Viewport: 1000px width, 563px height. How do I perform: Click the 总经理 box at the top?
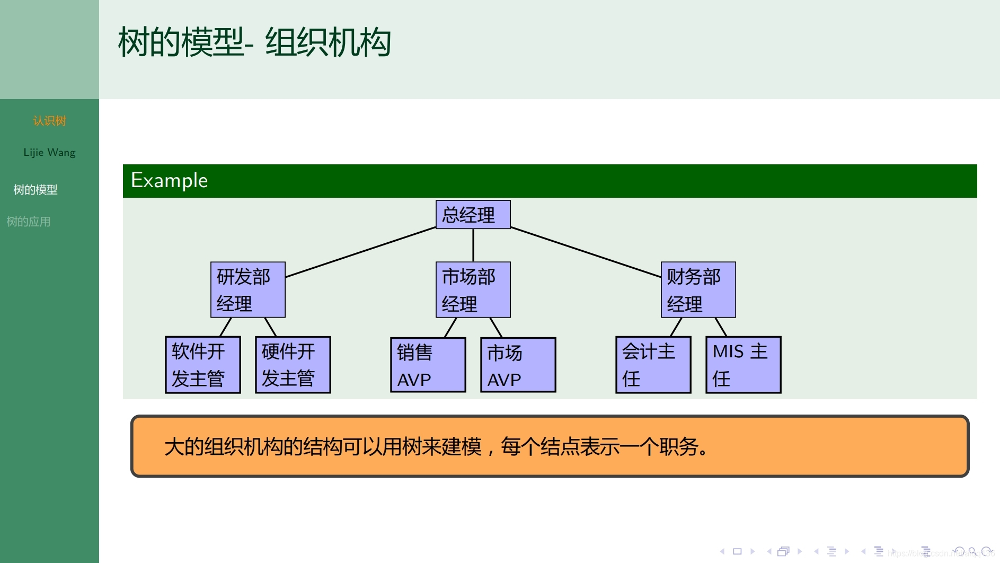point(473,215)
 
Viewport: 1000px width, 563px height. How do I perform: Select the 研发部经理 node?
point(247,289)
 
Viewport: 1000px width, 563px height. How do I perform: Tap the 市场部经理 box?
point(473,289)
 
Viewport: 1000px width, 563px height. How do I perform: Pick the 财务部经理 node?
point(698,289)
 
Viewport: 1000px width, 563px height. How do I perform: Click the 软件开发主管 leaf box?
point(202,365)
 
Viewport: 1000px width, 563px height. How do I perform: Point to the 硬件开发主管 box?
point(293,365)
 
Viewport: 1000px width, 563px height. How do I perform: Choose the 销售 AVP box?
point(428,365)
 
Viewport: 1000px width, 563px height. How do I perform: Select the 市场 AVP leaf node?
point(518,365)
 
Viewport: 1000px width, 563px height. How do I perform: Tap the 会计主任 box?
point(653,365)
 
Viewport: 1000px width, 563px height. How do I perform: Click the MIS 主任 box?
point(743,365)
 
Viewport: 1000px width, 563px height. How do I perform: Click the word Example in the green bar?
point(169,181)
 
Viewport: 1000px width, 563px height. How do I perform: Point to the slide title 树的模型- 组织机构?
point(254,42)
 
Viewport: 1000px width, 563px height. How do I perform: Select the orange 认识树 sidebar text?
point(49,121)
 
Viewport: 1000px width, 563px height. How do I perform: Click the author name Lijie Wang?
point(49,153)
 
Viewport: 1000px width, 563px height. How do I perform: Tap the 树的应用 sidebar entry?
point(29,222)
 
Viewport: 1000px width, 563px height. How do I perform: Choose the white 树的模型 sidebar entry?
point(35,190)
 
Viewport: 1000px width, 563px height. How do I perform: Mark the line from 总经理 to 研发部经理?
point(360,252)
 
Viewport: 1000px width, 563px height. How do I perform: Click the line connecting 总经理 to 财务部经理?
point(586,252)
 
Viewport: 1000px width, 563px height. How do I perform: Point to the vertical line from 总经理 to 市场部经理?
point(473,245)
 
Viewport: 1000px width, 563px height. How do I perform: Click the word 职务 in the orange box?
point(678,447)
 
